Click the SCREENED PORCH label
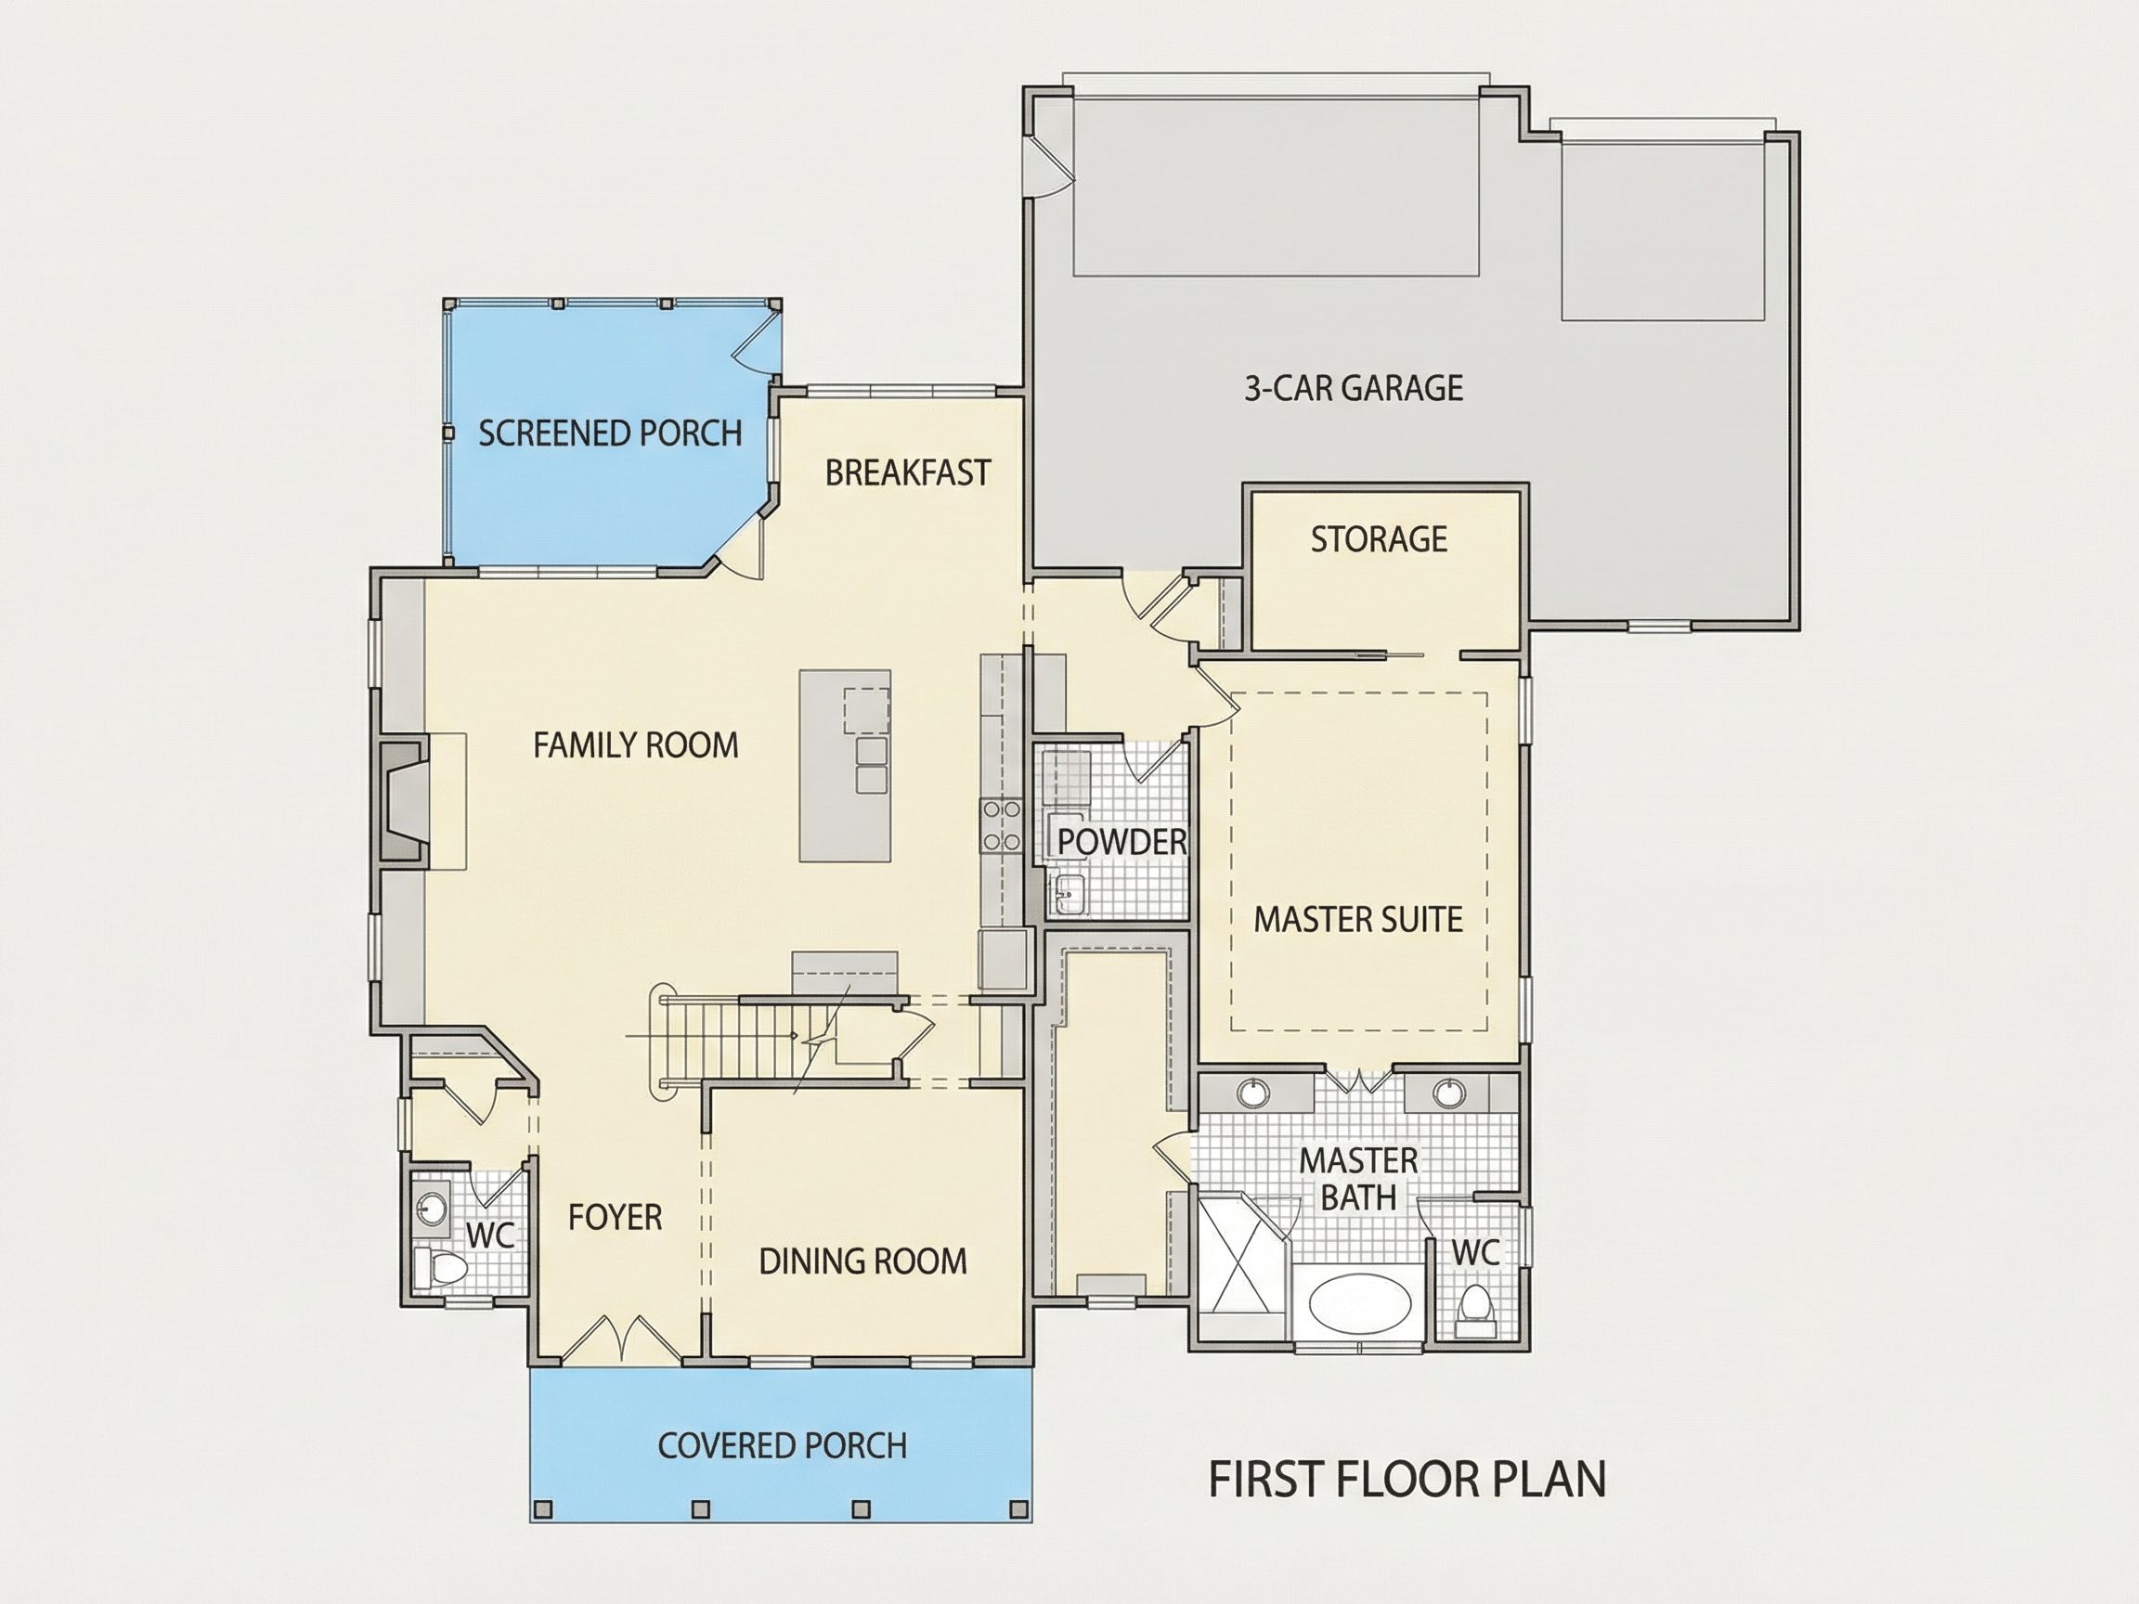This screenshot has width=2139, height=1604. click(610, 433)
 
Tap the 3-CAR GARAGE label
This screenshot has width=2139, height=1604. click(1353, 388)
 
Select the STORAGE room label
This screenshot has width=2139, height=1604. click(1379, 538)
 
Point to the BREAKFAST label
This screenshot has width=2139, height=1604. click(908, 472)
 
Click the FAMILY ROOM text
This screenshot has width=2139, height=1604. click(635, 744)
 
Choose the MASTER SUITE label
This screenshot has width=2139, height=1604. click(1357, 919)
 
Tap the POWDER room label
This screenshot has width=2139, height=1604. click(1121, 841)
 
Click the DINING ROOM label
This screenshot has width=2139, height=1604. click(862, 1261)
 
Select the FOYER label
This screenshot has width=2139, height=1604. click(615, 1216)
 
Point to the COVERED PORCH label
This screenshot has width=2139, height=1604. click(783, 1445)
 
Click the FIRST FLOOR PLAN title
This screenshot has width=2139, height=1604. click(1407, 1480)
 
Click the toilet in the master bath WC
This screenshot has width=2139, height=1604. click(1474, 1305)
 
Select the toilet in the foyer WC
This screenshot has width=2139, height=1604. click(440, 1266)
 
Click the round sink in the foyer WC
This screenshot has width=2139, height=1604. click(432, 1208)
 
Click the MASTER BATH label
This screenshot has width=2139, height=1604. click(1357, 1179)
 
